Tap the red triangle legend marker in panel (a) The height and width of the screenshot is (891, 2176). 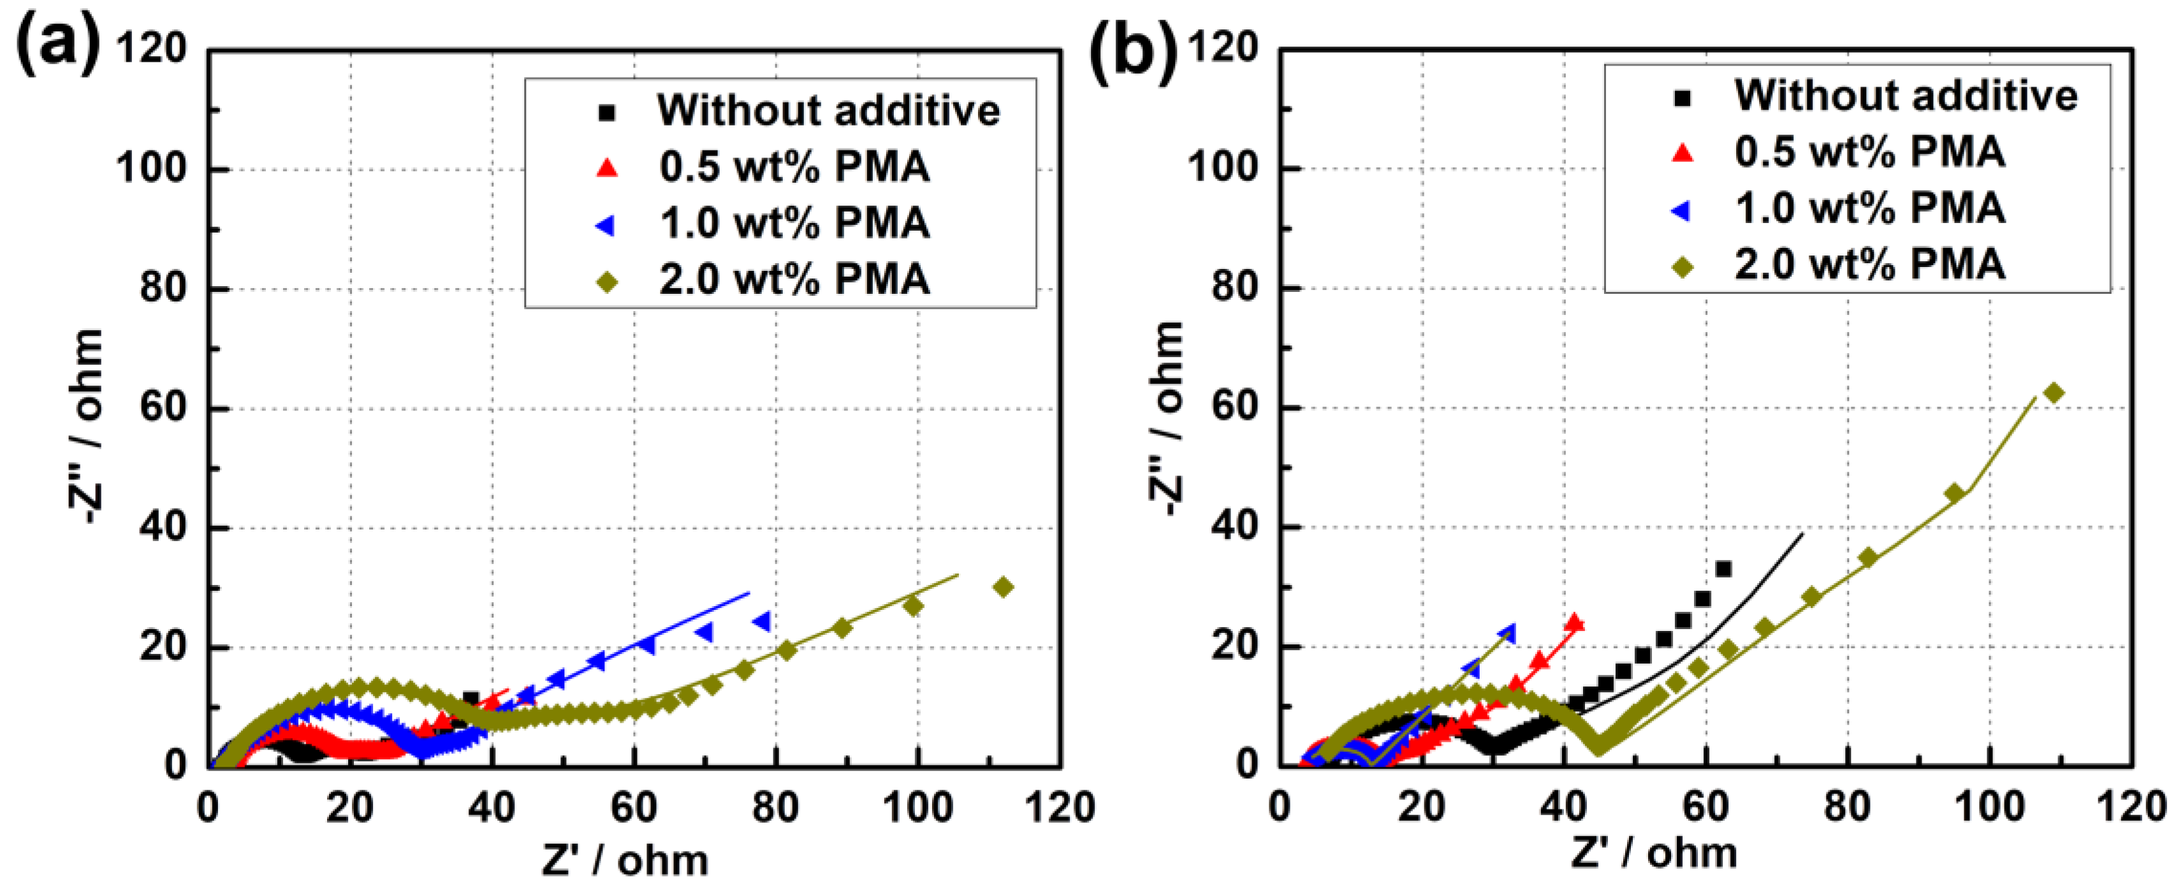point(606,168)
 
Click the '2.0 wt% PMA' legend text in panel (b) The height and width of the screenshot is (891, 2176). point(1869,264)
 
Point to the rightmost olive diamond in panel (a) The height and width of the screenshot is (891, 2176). point(1003,587)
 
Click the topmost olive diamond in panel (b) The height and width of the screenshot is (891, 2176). point(2054,393)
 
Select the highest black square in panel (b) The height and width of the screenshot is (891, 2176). point(1723,569)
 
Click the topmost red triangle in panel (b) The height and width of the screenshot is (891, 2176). point(1574,623)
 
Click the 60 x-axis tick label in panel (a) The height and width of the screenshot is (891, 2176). point(634,808)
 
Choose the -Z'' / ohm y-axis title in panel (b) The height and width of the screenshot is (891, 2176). point(1167,418)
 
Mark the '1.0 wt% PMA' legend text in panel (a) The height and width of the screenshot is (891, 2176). point(794,224)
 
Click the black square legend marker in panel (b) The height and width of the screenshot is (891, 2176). point(1682,98)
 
